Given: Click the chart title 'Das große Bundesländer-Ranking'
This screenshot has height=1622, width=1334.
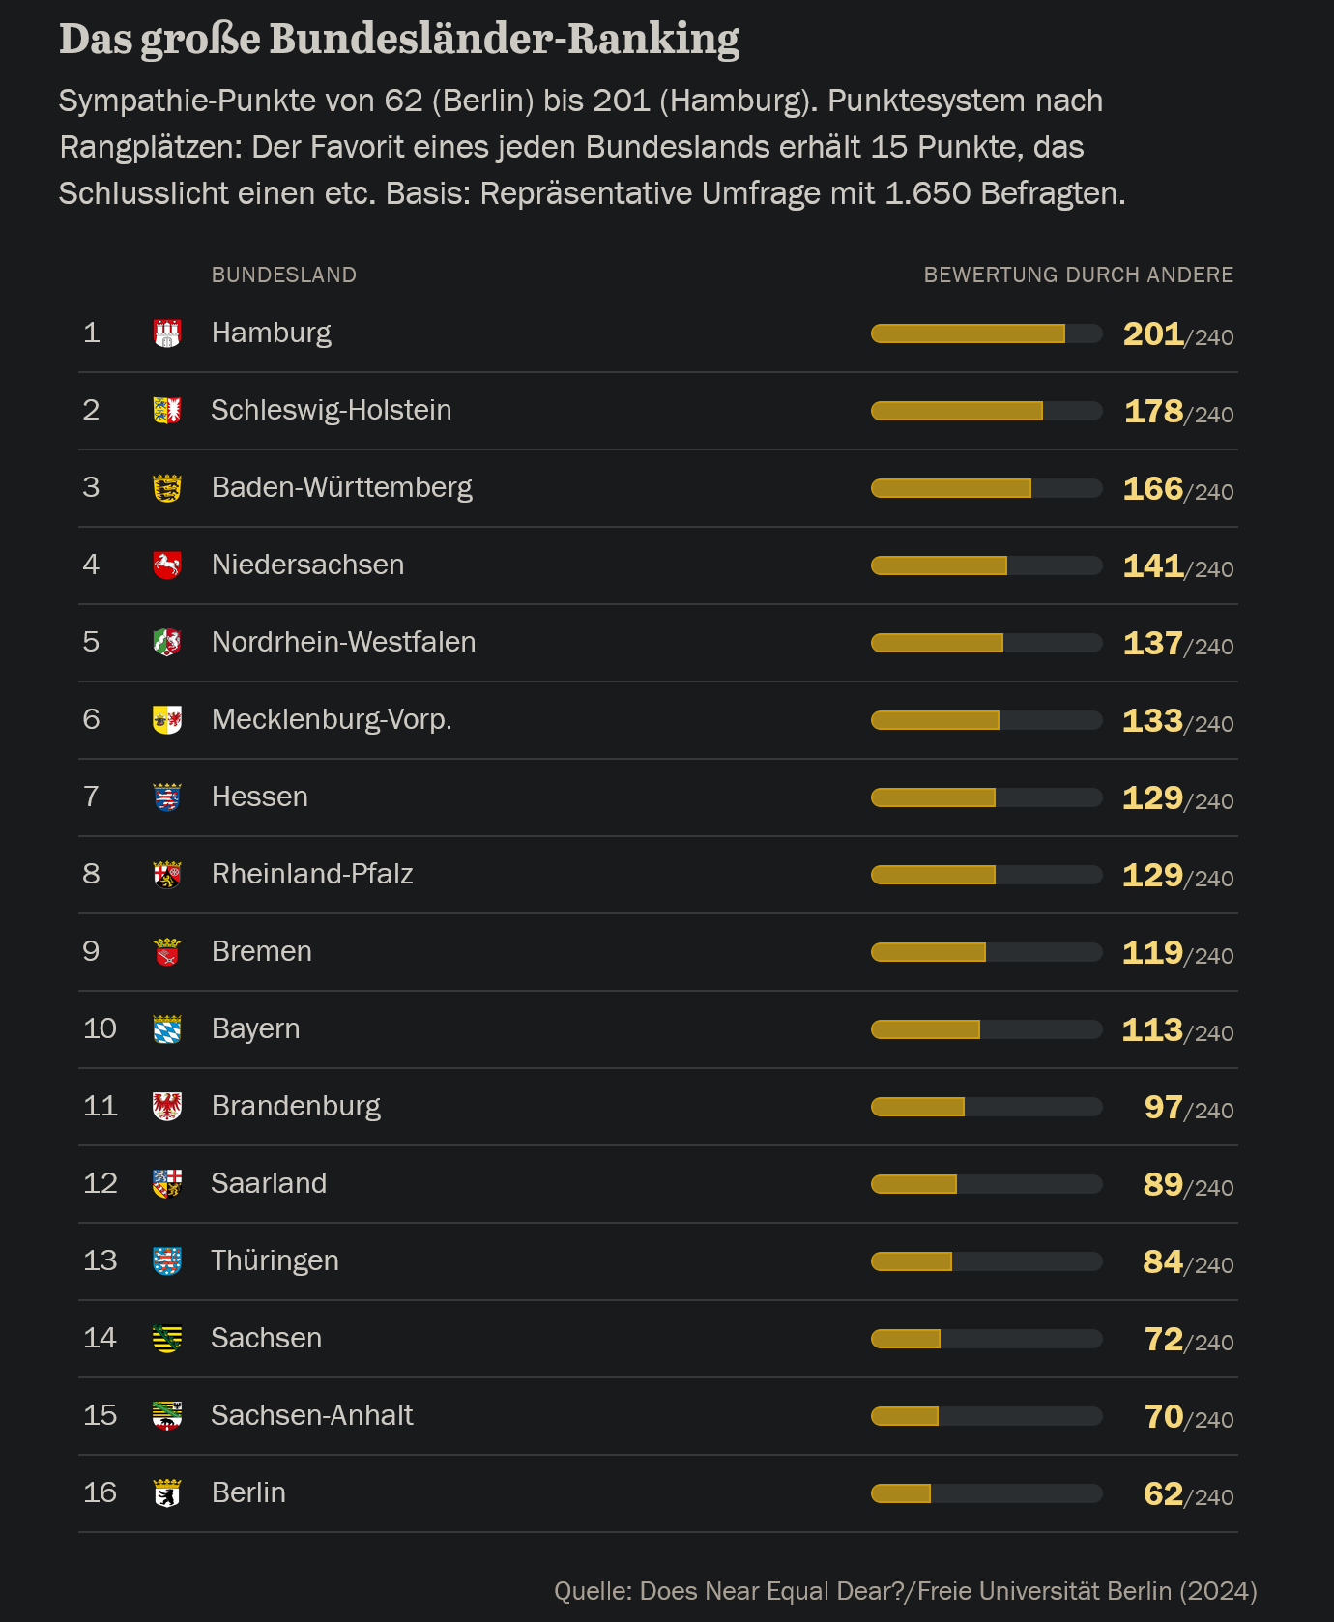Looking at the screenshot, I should (398, 41).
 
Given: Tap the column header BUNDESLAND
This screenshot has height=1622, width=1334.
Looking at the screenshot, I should (284, 275).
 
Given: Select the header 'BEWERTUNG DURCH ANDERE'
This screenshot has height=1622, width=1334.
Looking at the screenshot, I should (1078, 275).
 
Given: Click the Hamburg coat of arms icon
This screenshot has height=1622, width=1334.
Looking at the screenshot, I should (167, 333).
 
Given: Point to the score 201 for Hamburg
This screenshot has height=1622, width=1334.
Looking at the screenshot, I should (1153, 334).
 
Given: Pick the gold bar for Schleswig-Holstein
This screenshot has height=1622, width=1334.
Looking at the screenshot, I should (957, 411).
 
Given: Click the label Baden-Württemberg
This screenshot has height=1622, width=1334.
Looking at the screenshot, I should (342, 487).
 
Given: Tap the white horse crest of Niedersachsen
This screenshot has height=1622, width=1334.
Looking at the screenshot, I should (167, 565).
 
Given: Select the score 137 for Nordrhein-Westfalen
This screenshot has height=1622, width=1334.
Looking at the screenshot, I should (1153, 644).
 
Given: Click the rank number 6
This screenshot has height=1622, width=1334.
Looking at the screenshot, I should (92, 719).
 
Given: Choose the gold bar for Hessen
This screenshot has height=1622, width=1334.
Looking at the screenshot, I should (934, 797).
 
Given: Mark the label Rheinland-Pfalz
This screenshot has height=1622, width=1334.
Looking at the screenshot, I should (312, 874).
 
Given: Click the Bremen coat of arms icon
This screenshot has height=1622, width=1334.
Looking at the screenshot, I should (167, 952).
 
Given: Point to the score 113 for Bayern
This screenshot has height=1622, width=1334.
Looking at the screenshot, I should (1152, 1030).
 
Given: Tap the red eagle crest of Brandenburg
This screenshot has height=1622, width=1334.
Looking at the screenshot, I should (167, 1106).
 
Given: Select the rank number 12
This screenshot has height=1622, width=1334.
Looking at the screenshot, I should (101, 1183).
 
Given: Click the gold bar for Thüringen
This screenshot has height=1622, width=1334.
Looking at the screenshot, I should (912, 1261).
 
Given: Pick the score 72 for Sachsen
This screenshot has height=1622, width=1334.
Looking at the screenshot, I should (1164, 1340).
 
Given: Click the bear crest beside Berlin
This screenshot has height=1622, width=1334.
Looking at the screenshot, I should (167, 1493).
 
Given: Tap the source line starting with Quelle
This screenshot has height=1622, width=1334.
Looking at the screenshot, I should (905, 1591).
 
